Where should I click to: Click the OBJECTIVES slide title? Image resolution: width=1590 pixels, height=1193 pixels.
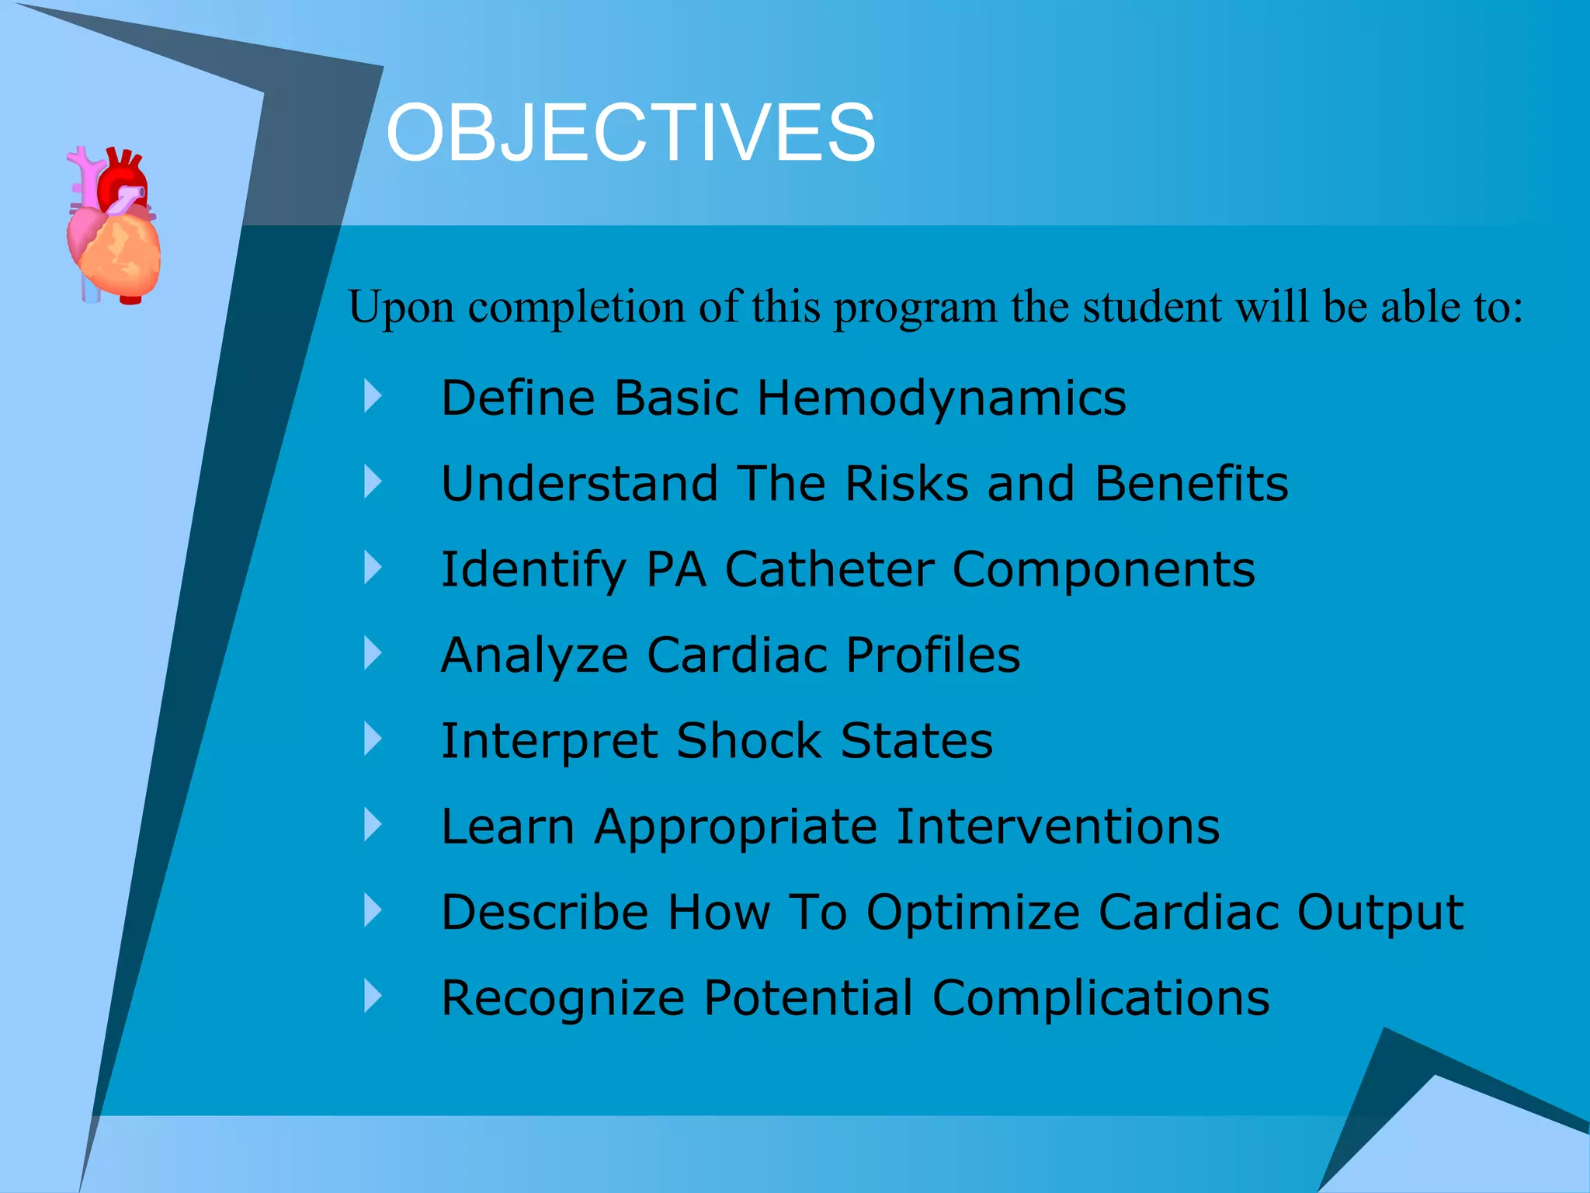(x=630, y=133)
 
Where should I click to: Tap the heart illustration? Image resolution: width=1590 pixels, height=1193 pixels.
(x=114, y=225)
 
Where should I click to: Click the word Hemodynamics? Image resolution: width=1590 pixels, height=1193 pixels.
(x=941, y=398)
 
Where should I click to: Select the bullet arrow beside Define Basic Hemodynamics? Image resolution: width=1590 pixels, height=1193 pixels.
(x=373, y=396)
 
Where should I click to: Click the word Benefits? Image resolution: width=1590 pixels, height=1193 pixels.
(x=1191, y=483)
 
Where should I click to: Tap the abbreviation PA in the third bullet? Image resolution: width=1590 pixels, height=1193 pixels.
(x=675, y=569)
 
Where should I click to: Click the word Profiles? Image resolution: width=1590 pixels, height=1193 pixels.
(x=932, y=655)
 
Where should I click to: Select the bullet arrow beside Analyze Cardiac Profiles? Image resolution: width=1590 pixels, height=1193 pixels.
(x=373, y=653)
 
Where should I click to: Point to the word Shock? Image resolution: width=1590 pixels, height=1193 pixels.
(x=748, y=740)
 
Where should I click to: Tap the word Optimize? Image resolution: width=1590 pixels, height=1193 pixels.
(x=973, y=912)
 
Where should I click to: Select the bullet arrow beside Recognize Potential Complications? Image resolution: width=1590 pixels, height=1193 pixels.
(x=373, y=996)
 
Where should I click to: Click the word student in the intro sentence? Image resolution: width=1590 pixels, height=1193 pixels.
(x=1152, y=307)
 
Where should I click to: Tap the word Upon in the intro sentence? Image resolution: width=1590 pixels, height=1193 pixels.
(x=401, y=308)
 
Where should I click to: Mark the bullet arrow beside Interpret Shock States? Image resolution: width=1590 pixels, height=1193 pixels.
(x=373, y=739)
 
